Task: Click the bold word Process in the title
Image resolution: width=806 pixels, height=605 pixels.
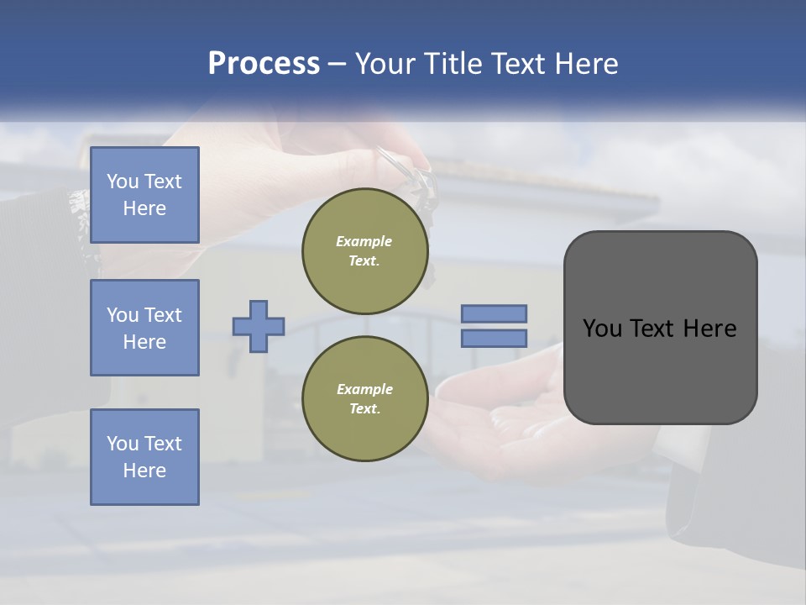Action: point(264,64)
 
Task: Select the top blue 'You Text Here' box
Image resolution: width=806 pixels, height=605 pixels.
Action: point(144,195)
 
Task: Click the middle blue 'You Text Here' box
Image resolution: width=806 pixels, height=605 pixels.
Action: point(144,328)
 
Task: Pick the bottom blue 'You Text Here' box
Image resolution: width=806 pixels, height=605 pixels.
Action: point(144,456)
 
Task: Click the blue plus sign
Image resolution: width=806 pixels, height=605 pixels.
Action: point(259,326)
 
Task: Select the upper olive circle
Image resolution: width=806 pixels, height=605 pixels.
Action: point(364,250)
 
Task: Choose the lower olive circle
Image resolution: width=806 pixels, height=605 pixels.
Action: point(364,398)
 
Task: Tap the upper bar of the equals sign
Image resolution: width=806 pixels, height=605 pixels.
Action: point(494,313)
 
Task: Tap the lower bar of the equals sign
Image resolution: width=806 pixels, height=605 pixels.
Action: point(494,338)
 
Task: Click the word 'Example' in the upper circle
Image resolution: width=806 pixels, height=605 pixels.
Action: point(364,241)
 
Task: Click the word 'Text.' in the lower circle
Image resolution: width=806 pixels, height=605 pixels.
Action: point(364,408)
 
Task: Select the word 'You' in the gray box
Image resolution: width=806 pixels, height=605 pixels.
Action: point(602,329)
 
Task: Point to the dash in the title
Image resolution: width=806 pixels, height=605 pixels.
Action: point(337,64)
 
